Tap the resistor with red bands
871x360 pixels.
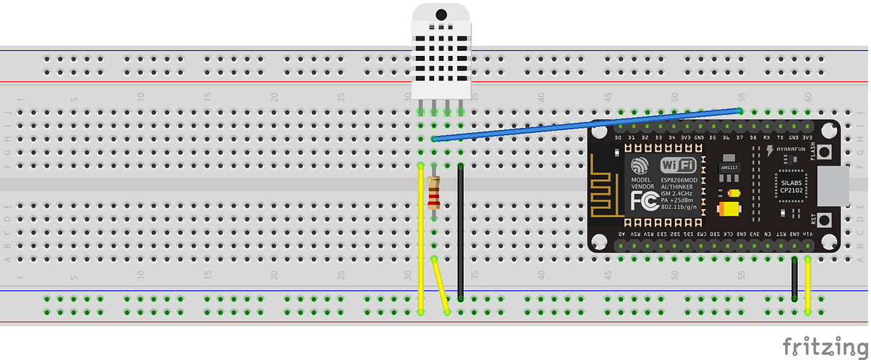434,195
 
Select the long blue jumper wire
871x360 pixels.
581,125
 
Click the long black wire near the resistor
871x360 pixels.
460,232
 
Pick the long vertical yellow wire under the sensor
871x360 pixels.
421,240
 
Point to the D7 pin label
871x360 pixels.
740,137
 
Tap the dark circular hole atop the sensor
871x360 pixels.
441,14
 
